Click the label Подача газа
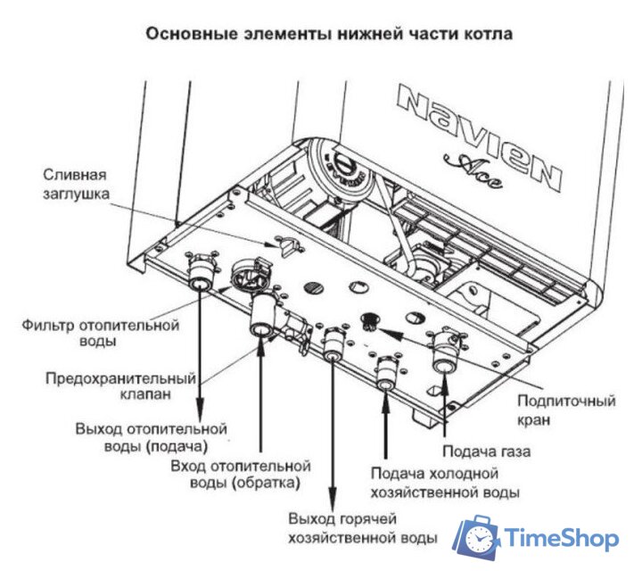486,451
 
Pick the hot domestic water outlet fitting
333,346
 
